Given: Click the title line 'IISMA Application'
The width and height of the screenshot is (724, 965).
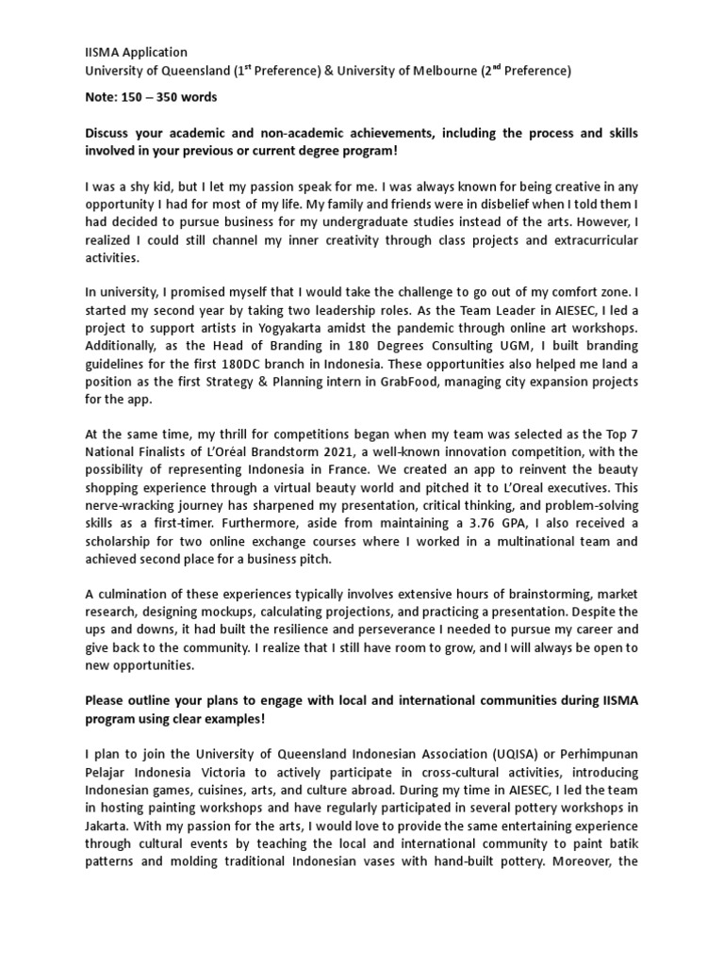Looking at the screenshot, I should tap(136, 53).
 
